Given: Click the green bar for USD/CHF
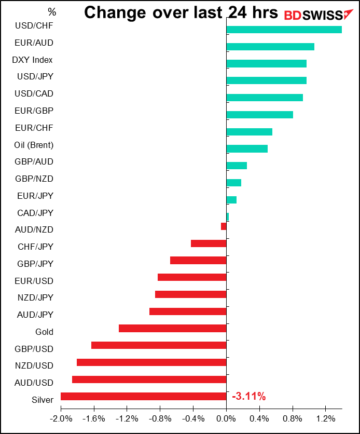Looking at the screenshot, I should click(284, 30).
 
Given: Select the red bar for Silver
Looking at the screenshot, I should click(143, 397).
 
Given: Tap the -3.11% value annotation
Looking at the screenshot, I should click(249, 397).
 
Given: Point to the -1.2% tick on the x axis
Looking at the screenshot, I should click(127, 418).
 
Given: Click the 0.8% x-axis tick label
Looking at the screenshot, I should click(293, 418).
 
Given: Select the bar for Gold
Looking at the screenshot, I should click(173, 329).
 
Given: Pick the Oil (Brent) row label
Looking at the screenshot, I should click(34, 145).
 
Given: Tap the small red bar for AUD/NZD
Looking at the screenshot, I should click(224, 226).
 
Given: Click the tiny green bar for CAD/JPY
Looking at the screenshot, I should click(228, 217).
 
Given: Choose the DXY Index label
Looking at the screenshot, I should click(32, 60).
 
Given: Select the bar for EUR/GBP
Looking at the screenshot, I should click(260, 115).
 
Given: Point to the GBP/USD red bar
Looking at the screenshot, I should click(159, 345).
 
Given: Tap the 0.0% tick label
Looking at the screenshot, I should click(226, 418).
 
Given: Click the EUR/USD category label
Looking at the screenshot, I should click(35, 281).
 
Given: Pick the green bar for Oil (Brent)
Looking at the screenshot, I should click(247, 149).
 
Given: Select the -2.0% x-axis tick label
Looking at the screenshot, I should click(61, 418).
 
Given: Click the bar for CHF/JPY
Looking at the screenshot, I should click(209, 243).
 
